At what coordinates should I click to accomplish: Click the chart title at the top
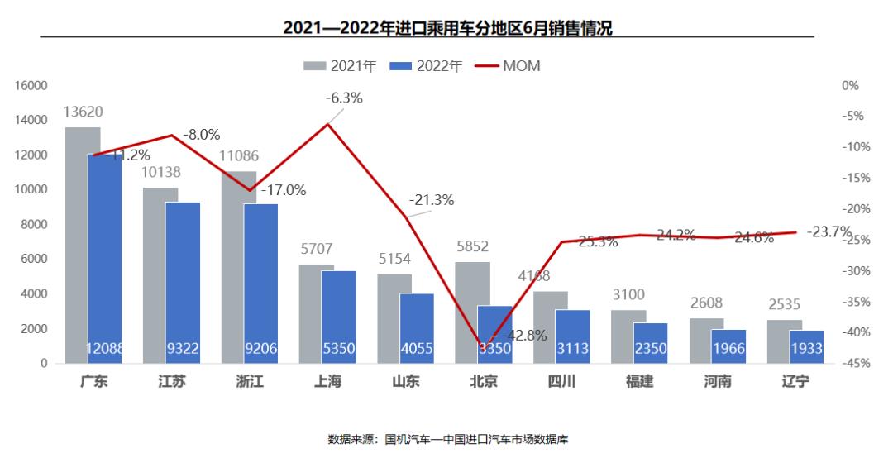[x=447, y=27]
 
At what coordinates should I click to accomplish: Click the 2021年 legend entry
[x=341, y=66]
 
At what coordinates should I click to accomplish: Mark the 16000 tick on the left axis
[x=33, y=85]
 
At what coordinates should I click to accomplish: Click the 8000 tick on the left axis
[x=36, y=224]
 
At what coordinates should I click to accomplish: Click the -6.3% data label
[x=344, y=98]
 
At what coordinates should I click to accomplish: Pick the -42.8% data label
[x=524, y=336]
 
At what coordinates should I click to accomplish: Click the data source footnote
[x=447, y=439]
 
